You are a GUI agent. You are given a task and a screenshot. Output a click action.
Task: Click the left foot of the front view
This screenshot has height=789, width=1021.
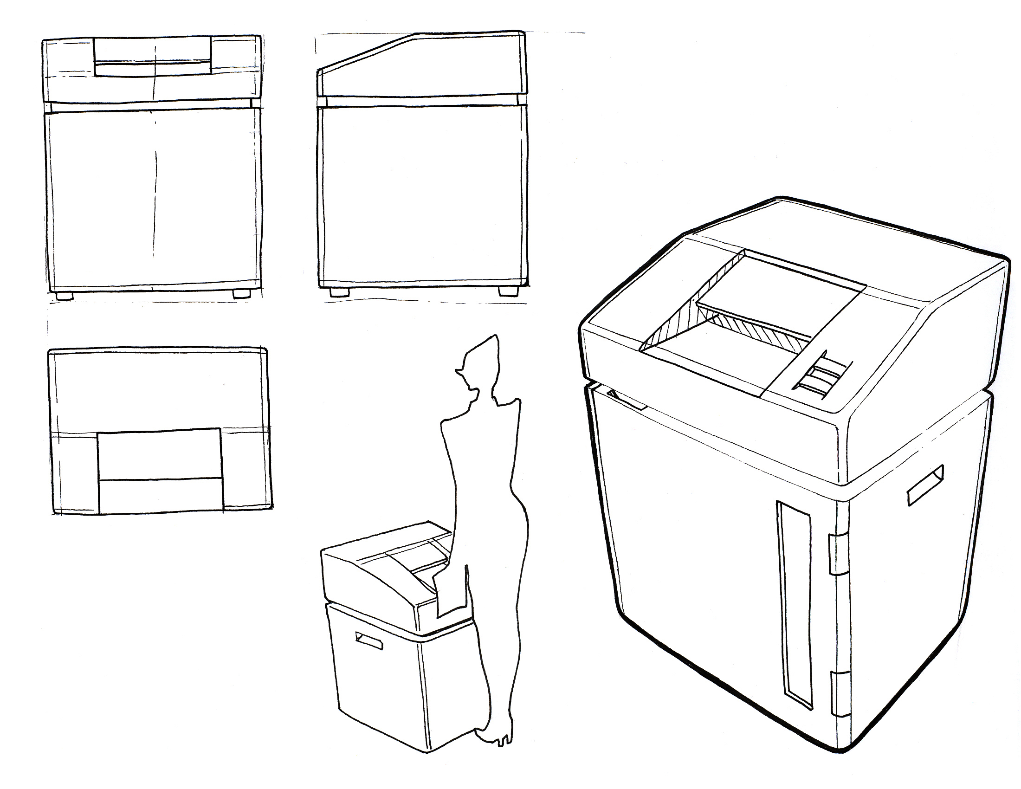click(65, 295)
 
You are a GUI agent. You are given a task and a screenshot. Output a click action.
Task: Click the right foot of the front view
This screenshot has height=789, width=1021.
click(241, 294)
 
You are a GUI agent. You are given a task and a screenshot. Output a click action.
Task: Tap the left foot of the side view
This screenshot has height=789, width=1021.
click(339, 291)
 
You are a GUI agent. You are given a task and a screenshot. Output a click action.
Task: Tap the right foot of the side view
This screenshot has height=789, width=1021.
click(508, 291)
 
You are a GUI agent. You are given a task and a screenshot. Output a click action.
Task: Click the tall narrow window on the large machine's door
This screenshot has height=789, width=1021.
click(794, 603)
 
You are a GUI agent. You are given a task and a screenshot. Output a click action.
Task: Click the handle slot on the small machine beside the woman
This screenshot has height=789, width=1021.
click(369, 641)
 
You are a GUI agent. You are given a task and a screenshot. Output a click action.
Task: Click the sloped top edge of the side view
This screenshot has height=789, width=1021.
click(374, 52)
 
